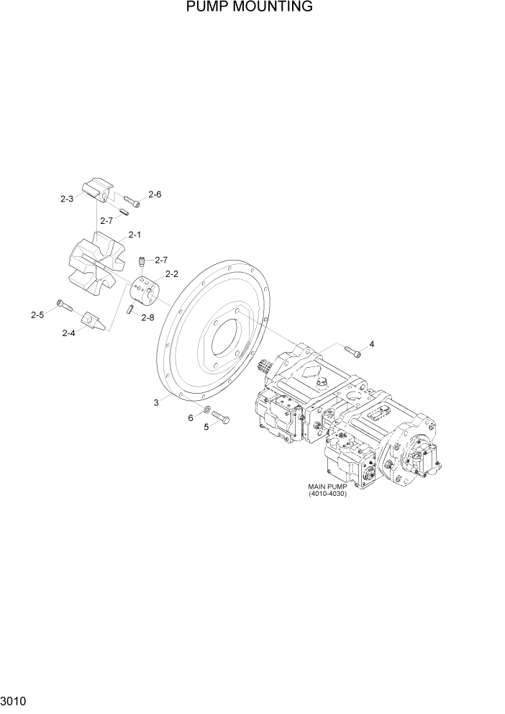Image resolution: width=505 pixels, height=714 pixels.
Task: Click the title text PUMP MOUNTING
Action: click(x=249, y=8)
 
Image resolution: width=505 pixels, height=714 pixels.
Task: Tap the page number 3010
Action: click(x=15, y=699)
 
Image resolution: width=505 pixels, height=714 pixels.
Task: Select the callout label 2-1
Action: click(x=135, y=235)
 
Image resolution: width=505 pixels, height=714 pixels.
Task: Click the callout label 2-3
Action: click(x=67, y=199)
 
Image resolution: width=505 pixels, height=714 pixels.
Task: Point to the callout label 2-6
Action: click(x=155, y=194)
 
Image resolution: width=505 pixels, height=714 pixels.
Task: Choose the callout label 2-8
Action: click(x=147, y=317)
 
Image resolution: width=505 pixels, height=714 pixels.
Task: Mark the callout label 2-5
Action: click(x=37, y=315)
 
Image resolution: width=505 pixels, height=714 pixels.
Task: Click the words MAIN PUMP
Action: click(x=327, y=487)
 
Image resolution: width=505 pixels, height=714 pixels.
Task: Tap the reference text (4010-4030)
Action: click(x=327, y=494)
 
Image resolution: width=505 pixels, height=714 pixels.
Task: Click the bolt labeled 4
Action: click(x=352, y=351)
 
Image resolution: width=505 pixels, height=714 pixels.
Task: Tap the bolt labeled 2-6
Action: click(x=131, y=201)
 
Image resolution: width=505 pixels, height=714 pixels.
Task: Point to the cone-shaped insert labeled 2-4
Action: click(x=94, y=320)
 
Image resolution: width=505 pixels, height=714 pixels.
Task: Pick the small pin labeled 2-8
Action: click(x=132, y=309)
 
